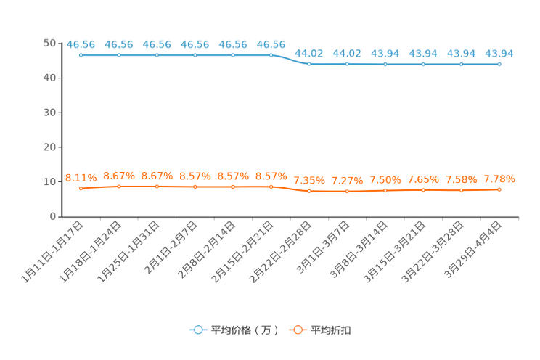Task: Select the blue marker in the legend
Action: [x=197, y=330]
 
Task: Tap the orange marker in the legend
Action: [x=296, y=330]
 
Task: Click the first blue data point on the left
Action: [x=81, y=55]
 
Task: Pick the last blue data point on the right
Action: [x=499, y=65]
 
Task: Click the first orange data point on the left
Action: [x=81, y=189]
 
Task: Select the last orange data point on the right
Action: [x=499, y=189]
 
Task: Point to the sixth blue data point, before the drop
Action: [x=271, y=55]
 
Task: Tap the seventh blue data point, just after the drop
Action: [x=309, y=65]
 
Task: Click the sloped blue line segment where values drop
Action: [x=290, y=60]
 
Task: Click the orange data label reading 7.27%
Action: [x=347, y=180]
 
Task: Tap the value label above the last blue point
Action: [x=499, y=53]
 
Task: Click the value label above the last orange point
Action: [x=499, y=179]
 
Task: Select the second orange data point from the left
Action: [x=119, y=187]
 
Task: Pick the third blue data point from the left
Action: [x=157, y=55]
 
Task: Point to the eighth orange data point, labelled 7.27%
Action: [x=347, y=192]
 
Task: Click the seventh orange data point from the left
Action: [x=309, y=191]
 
